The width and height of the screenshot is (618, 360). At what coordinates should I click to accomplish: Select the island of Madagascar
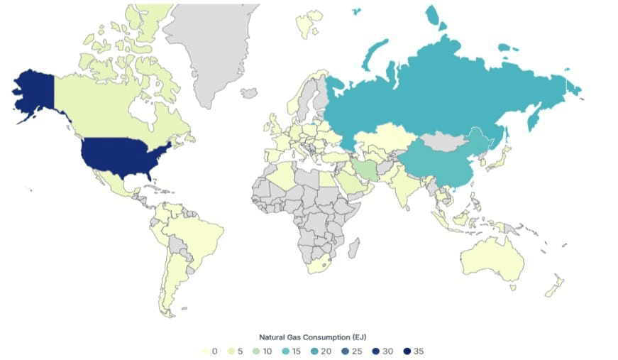point(355,249)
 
